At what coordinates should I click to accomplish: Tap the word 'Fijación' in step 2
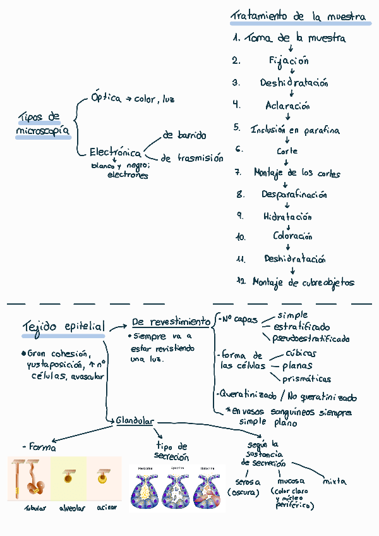[x=288, y=61]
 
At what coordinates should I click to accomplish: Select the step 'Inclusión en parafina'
[x=295, y=130]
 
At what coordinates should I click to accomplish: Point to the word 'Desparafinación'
[x=294, y=195]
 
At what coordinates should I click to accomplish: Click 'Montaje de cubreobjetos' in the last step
[x=303, y=283]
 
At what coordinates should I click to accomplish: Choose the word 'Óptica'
[x=105, y=99]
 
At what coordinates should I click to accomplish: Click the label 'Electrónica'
[x=115, y=153]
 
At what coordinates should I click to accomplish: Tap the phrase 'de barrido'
[x=184, y=135]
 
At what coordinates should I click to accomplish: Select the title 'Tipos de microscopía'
[x=42, y=124]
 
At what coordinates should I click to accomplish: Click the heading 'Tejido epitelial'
[x=64, y=327]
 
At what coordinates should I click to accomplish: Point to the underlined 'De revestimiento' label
[x=171, y=322]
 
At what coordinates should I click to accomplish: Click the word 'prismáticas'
[x=306, y=379]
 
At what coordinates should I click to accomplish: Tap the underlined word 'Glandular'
[x=135, y=421]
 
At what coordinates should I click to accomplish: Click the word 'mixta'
[x=334, y=481]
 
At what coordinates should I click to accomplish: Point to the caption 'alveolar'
[x=72, y=508]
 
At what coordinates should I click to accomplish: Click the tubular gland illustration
[x=28, y=479]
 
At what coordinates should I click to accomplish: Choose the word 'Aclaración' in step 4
[x=287, y=106]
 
